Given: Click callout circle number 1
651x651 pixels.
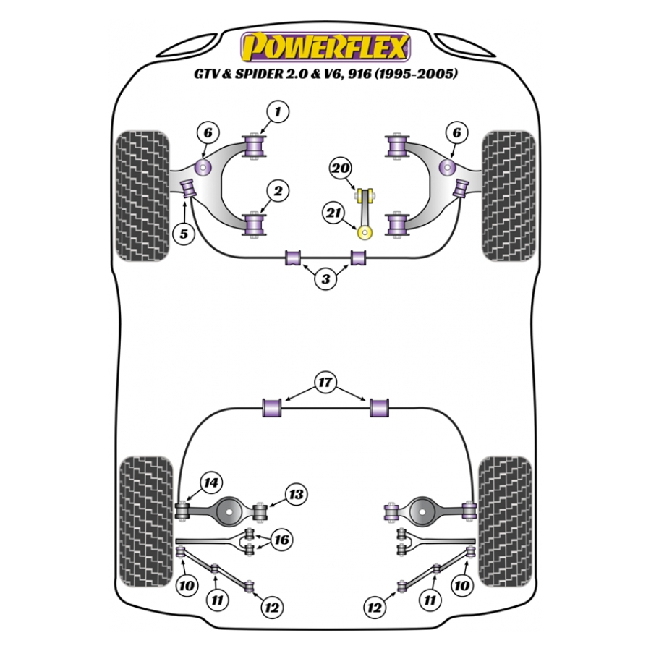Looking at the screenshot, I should click(x=277, y=111).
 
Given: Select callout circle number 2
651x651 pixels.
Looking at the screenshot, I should click(x=277, y=191).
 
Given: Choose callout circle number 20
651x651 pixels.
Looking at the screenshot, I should click(x=340, y=169).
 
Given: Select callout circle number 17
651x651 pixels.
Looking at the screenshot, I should click(x=325, y=382).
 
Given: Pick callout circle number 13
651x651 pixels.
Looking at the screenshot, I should click(x=295, y=494).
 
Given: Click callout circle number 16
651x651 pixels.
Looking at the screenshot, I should click(x=281, y=540).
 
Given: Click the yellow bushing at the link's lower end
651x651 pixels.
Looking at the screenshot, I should click(x=366, y=232).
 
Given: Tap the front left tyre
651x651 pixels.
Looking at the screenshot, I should click(x=143, y=196).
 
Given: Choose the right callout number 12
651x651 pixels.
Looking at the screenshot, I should click(x=374, y=608).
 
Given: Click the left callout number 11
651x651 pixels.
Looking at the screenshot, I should click(x=217, y=598).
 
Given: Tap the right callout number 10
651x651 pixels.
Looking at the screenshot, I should click(x=462, y=584).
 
